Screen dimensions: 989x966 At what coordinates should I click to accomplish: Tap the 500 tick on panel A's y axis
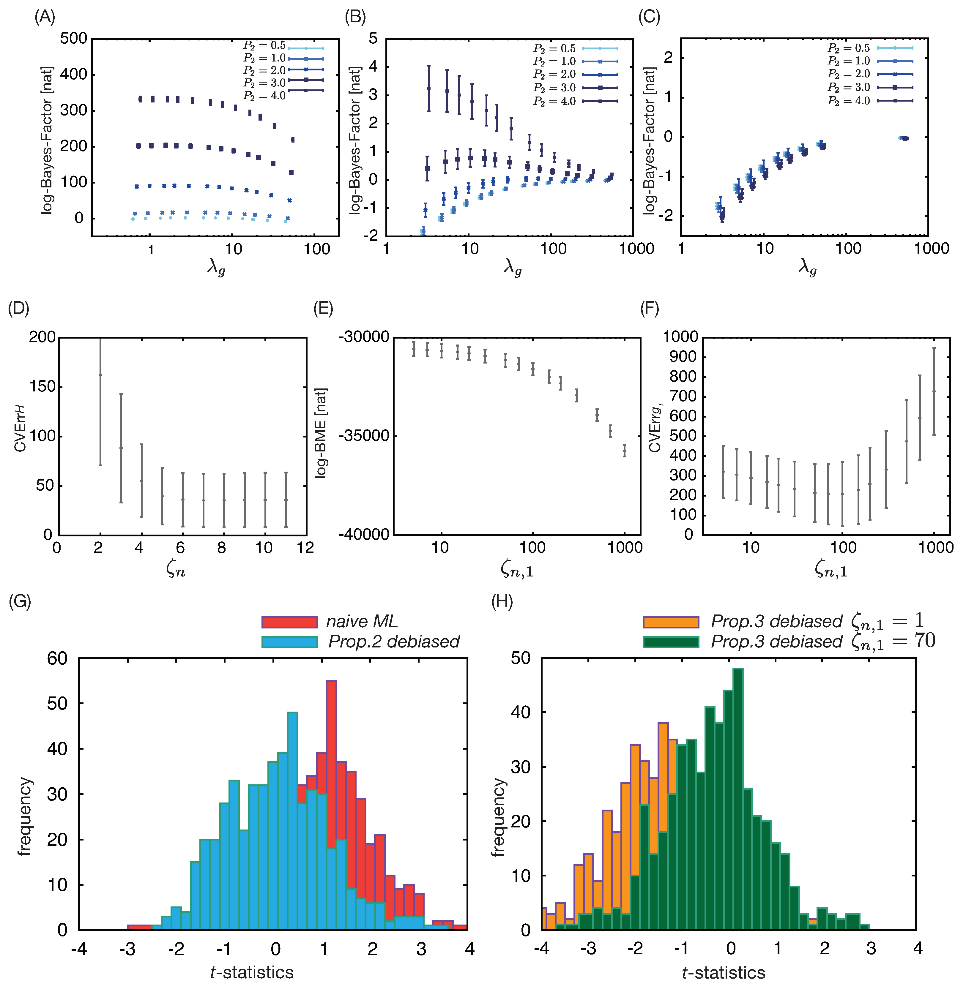point(74,39)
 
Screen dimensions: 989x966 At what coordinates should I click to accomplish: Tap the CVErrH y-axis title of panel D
point(20,429)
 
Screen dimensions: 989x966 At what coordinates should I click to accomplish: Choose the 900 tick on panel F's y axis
point(681,357)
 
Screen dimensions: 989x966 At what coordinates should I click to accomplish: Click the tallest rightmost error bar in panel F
point(934,391)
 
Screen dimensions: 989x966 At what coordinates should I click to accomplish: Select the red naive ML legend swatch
point(290,622)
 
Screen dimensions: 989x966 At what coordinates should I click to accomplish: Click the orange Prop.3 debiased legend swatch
point(671,622)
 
